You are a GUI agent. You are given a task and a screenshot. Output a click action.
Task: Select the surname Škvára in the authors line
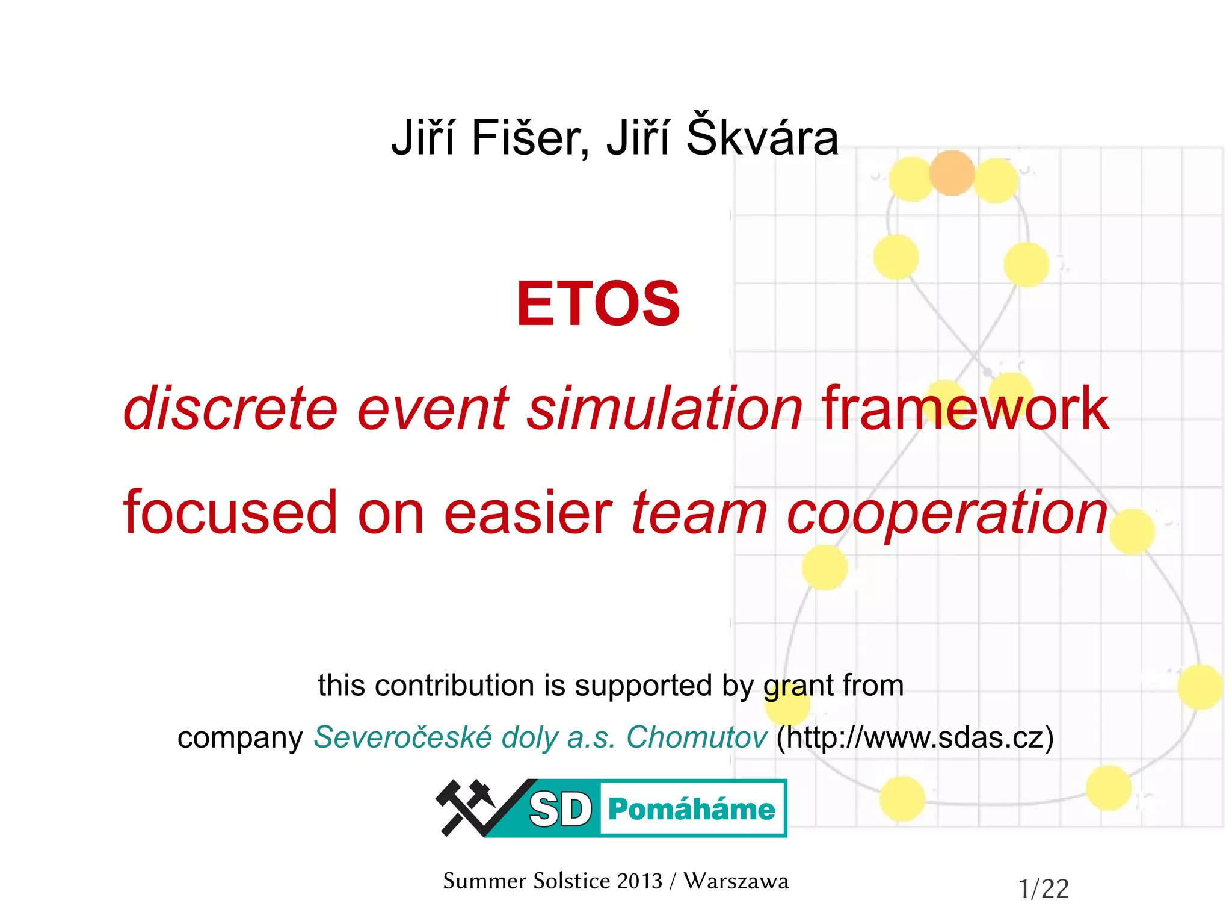[762, 137]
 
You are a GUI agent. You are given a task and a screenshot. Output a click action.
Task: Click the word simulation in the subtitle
[665, 409]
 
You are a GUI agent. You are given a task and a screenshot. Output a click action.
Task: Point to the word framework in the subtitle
[965, 409]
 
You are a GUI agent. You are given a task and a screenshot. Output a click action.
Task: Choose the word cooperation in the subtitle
[947, 513]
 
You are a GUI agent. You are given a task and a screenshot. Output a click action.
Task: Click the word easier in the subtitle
[528, 513]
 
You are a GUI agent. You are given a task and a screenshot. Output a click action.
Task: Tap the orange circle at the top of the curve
[952, 173]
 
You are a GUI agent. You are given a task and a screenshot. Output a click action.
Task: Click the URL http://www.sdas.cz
[914, 737]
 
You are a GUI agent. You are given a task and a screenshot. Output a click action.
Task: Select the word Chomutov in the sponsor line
[697, 737]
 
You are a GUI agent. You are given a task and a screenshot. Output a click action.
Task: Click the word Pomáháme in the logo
[691, 809]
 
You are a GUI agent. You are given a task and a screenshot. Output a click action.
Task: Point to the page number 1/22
[1044, 889]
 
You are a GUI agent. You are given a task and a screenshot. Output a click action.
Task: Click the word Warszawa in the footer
[736, 881]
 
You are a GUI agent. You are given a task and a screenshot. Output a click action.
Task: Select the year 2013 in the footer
[639, 881]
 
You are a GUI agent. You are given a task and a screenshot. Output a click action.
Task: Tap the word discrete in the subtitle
[230, 409]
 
